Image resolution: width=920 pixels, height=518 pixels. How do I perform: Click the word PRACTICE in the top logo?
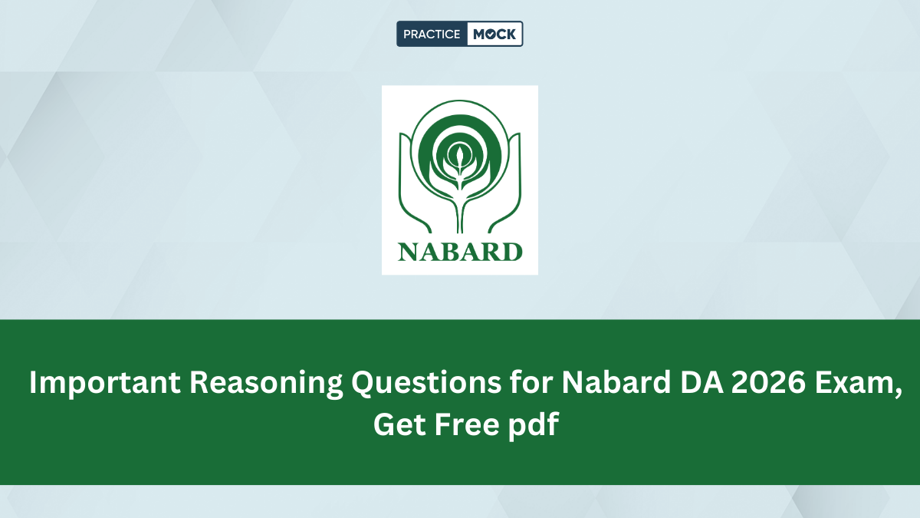click(431, 34)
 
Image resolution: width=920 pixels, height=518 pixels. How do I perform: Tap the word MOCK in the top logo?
click(495, 34)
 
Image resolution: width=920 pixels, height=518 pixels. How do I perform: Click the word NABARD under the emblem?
click(460, 251)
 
